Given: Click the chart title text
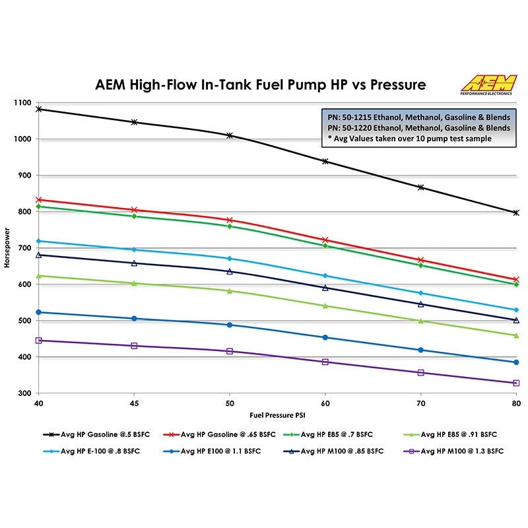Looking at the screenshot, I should click(261, 85).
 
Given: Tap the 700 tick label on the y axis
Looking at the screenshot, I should click(23, 248).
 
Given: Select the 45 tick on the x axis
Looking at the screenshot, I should click(135, 402).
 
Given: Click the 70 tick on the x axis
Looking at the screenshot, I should click(420, 402).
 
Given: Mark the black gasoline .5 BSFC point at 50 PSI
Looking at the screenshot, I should click(230, 135).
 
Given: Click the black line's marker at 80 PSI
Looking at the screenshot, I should click(516, 213).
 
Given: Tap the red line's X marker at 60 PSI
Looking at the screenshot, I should click(325, 240).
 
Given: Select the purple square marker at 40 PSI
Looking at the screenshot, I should click(39, 341).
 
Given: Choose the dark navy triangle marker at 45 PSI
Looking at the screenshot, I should click(135, 263).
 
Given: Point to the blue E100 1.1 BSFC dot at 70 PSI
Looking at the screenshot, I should click(420, 350).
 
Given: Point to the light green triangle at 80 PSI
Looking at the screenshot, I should click(516, 335).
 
